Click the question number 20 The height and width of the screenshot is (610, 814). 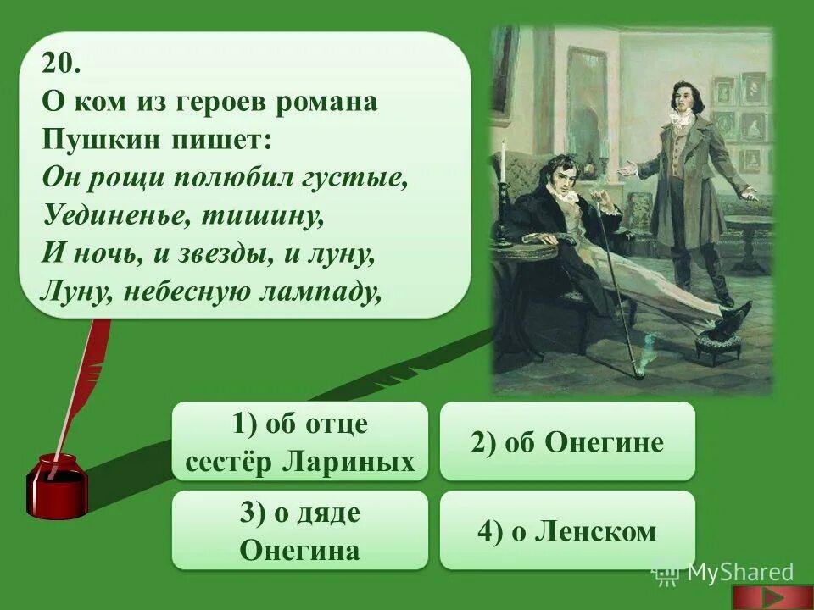(x=61, y=64)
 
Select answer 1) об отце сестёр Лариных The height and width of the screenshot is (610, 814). (x=300, y=441)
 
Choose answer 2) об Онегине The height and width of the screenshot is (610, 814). (x=567, y=441)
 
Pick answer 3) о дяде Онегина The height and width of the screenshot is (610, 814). (x=300, y=531)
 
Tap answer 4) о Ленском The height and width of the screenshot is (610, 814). (x=567, y=531)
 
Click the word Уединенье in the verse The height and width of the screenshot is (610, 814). (x=106, y=215)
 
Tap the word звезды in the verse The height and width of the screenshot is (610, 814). (x=215, y=253)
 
